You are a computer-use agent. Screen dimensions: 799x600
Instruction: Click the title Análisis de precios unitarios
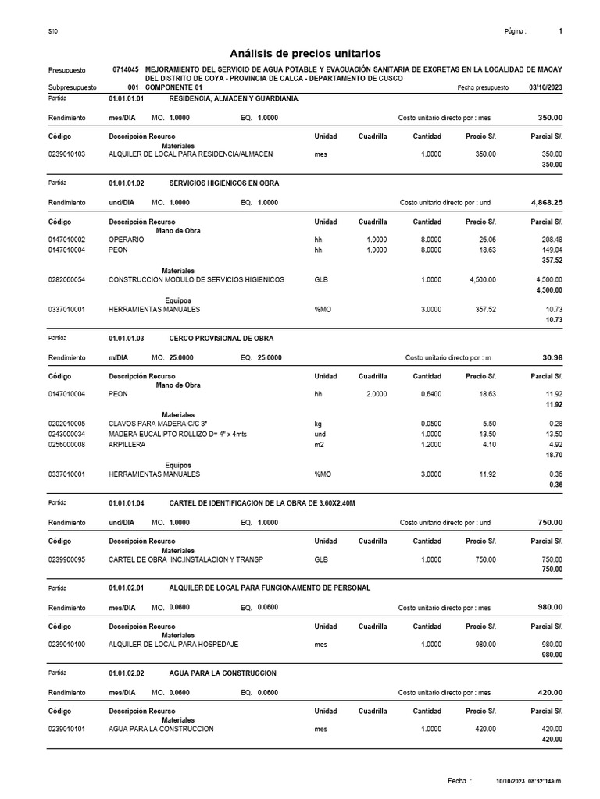tap(305, 53)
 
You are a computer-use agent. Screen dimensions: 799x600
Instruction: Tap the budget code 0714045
tap(126, 70)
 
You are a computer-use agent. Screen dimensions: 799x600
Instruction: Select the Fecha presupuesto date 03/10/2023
tap(545, 88)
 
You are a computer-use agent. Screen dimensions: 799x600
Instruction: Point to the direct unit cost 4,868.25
tap(546, 202)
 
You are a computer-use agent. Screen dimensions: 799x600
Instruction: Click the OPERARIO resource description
tap(126, 240)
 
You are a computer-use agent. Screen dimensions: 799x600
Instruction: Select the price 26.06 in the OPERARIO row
tap(485, 240)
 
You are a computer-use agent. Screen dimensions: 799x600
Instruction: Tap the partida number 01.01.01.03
tap(127, 338)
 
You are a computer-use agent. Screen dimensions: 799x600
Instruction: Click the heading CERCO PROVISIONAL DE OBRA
tap(222, 338)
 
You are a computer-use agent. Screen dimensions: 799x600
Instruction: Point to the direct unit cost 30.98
tap(552, 357)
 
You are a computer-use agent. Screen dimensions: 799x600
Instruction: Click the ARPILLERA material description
tap(127, 444)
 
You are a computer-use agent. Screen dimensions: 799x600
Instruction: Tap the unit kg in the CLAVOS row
tap(318, 424)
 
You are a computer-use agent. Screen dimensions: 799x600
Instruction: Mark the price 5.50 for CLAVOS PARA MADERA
tap(488, 424)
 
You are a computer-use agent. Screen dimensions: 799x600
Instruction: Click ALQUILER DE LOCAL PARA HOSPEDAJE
tap(173, 644)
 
